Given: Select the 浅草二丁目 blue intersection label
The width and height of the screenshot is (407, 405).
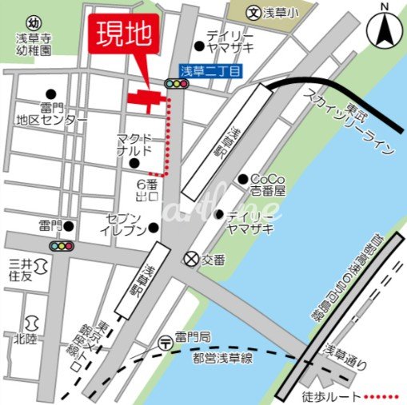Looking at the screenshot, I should point(210,71).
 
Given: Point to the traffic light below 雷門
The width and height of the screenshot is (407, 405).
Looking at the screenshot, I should point(61,246).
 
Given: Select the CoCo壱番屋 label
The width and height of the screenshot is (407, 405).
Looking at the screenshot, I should point(267,185).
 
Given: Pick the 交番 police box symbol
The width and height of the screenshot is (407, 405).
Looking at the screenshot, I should point(190,259).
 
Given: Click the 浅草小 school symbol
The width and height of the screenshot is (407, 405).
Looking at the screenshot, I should point(253,13).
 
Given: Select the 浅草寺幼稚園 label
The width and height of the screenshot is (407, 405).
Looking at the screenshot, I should point(33,43).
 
